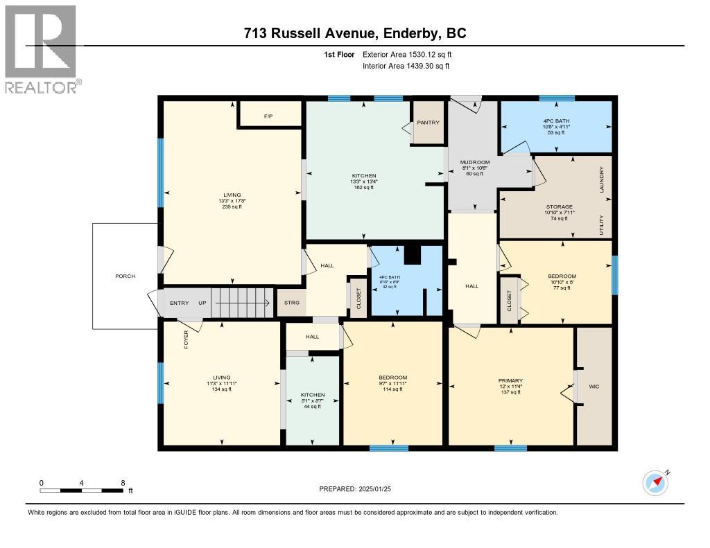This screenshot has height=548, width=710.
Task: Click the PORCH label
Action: [x=125, y=276]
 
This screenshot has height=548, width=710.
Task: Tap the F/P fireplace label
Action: [x=268, y=116]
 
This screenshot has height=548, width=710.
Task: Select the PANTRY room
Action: [x=428, y=123]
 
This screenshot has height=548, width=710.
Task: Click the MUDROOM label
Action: [x=475, y=162]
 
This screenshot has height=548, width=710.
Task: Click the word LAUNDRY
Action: [x=603, y=179]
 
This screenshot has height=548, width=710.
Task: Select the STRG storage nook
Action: [x=291, y=303]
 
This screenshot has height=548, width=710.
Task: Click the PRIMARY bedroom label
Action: [x=510, y=380]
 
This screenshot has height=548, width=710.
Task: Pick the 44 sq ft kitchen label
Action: [x=313, y=400]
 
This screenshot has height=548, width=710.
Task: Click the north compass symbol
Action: [x=655, y=482]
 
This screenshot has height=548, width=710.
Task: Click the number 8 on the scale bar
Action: [x=123, y=483]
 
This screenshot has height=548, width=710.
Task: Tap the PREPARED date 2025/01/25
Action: [x=359, y=489]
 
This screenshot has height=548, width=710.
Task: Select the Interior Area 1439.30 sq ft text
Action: [x=406, y=66]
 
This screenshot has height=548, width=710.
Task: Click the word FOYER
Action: [x=187, y=339]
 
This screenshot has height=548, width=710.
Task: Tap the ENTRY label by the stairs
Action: [x=179, y=303]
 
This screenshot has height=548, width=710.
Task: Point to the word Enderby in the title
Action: [x=424, y=33]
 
